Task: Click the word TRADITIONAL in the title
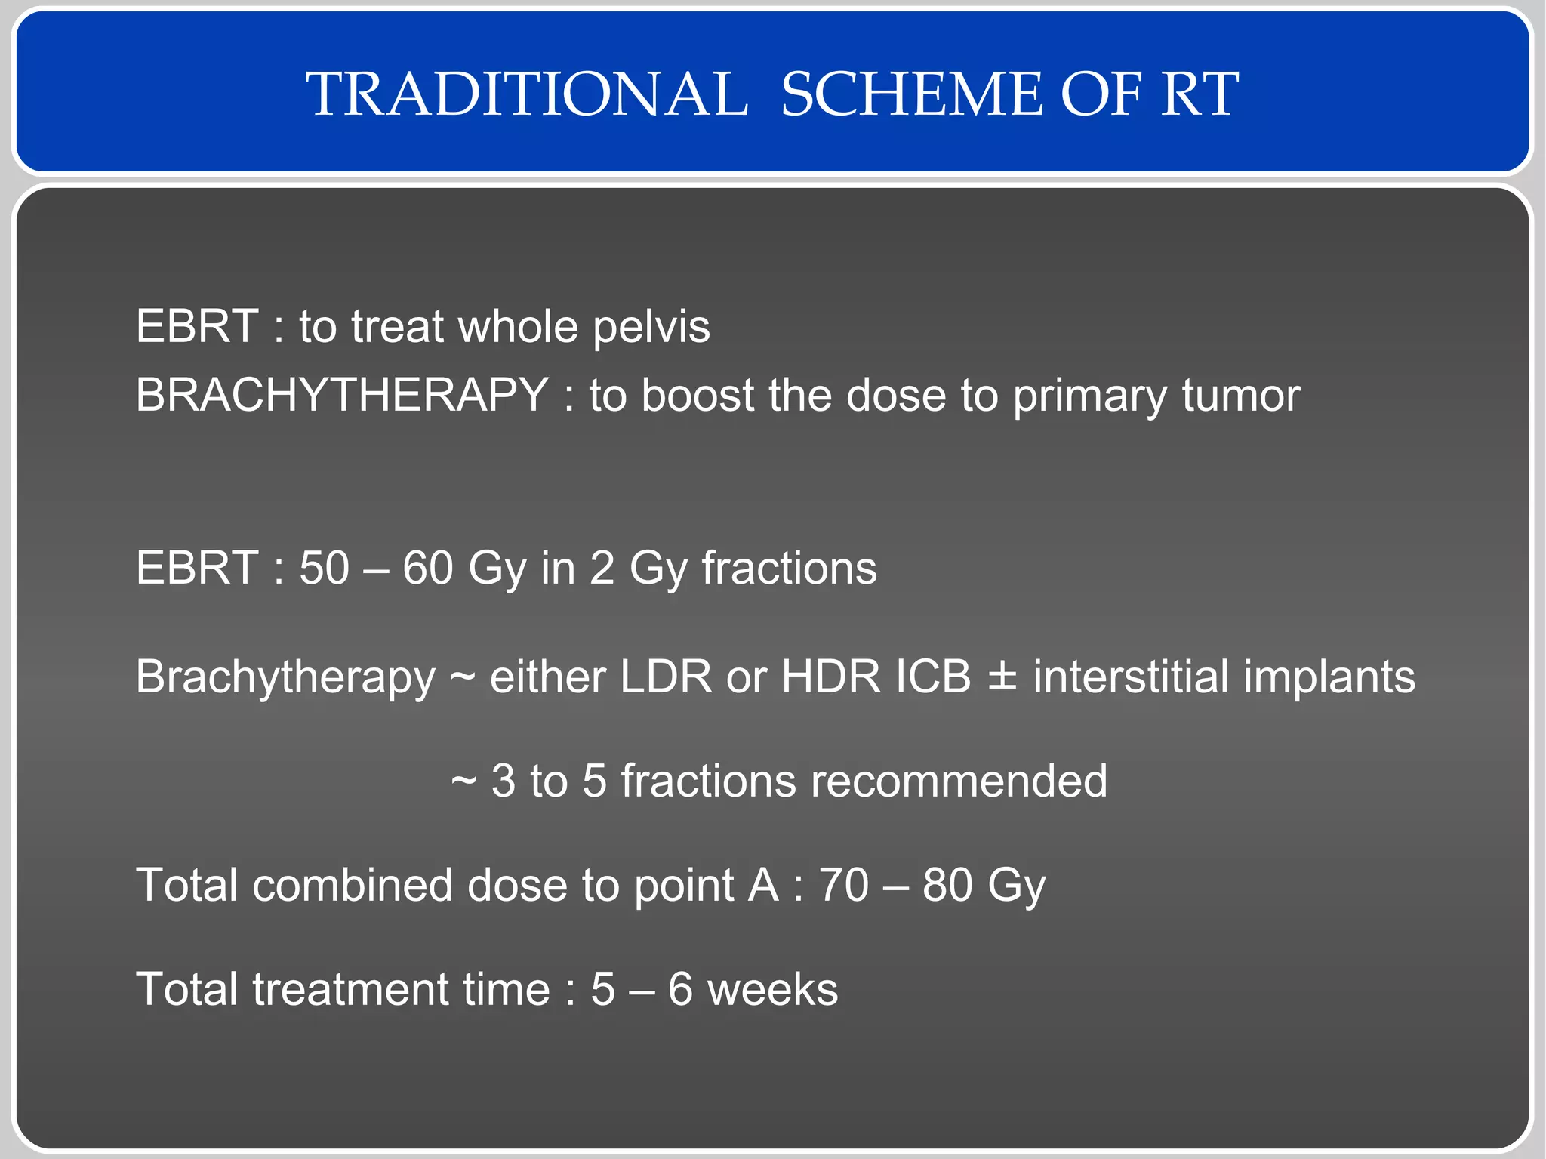pos(526,94)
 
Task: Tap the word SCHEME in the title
pos(911,94)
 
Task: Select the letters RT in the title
pos(1199,94)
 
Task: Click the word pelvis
pos(651,327)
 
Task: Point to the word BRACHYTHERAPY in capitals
pos(341,395)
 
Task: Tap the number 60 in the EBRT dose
pos(427,568)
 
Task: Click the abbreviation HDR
pos(830,677)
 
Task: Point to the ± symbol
pos(1002,678)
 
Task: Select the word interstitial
pos(1131,677)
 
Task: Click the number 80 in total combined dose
pos(947,885)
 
